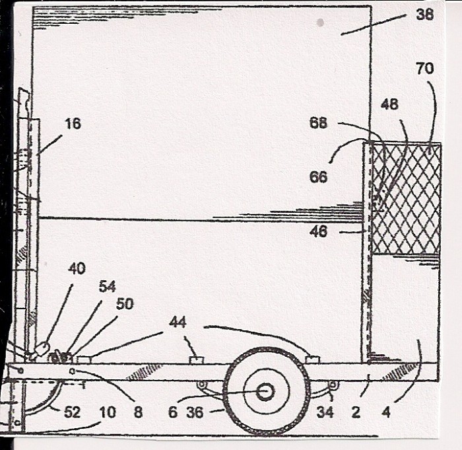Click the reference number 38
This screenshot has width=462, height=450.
point(424,14)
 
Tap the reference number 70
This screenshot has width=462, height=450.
point(425,68)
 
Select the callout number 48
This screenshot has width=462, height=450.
point(389,104)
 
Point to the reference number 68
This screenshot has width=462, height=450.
point(319,122)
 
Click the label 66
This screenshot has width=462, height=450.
point(319,176)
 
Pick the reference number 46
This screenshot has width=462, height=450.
point(319,232)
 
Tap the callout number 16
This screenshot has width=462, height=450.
point(73,124)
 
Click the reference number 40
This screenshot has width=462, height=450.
point(77,268)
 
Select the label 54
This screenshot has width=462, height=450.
point(107,287)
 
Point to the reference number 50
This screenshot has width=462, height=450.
point(125,304)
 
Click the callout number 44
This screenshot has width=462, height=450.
point(178,322)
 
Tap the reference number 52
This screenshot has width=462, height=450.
point(72,412)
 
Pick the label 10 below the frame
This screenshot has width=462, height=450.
point(107,412)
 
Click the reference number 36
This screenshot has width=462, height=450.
point(195,412)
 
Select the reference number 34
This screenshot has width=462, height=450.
point(325,412)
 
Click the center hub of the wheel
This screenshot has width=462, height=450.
point(265,392)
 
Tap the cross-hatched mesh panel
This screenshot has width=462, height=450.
point(406,198)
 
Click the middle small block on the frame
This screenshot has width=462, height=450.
point(196,360)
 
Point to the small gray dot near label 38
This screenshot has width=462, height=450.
point(321,22)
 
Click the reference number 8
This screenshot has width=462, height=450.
point(138,412)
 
